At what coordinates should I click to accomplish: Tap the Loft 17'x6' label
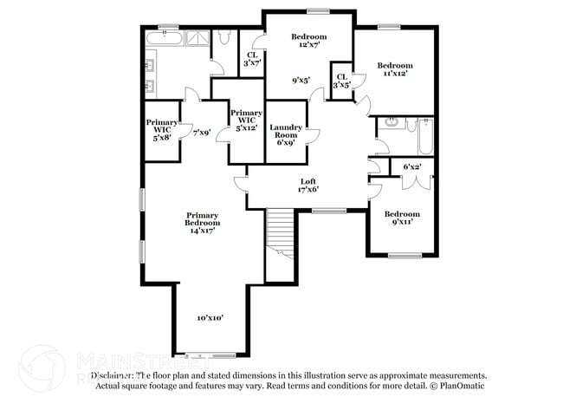click(308, 185)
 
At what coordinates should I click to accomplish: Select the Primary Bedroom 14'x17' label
click(201, 222)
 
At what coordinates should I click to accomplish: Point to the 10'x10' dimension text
click(210, 318)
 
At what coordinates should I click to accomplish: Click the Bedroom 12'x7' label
click(308, 41)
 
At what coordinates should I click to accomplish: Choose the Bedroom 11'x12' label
click(394, 69)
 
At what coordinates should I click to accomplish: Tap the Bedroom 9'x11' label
click(402, 218)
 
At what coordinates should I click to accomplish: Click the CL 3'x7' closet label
click(251, 58)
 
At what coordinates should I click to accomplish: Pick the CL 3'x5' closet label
click(342, 81)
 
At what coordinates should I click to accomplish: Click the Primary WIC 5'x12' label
click(246, 120)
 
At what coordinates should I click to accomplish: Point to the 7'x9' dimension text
click(201, 132)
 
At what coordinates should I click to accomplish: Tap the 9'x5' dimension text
click(301, 81)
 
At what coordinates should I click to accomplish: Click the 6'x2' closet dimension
click(412, 166)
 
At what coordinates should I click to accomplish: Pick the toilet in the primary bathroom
click(223, 37)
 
